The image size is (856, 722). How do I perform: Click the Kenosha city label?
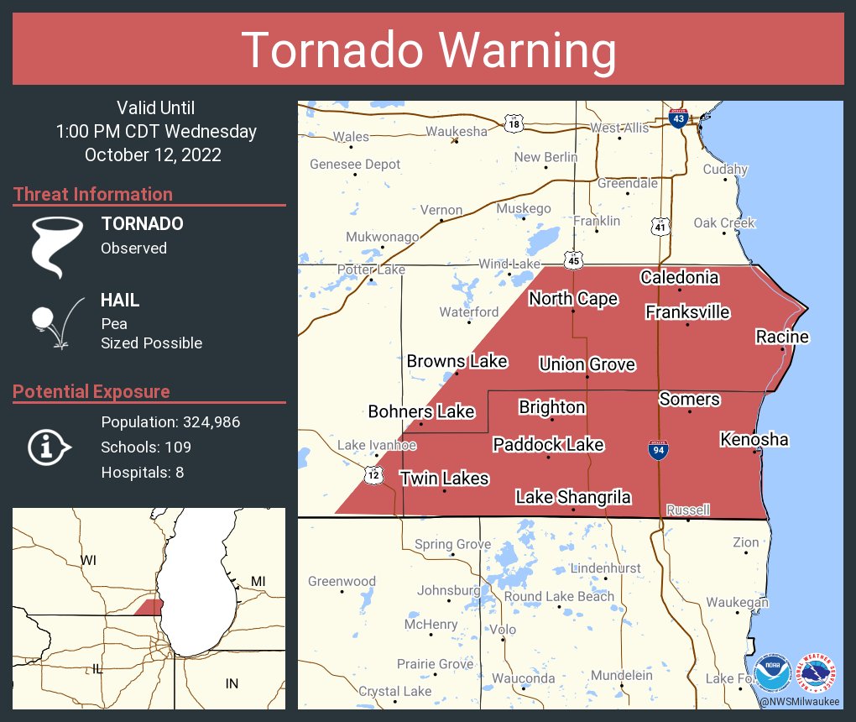point(754,439)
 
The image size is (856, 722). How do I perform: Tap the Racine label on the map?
point(781,337)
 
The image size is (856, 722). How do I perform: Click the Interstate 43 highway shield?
point(679,118)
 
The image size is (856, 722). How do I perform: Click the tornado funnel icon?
point(56,246)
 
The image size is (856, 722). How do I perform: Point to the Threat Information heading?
point(93,194)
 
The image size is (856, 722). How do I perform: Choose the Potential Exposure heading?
point(91,391)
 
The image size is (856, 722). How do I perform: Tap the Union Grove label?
point(587,364)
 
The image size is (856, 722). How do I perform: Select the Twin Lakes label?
point(444,478)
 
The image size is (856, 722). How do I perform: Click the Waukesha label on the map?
point(456,131)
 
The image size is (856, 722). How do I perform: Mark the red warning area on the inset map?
point(149,606)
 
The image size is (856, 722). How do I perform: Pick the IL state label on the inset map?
point(97,668)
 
